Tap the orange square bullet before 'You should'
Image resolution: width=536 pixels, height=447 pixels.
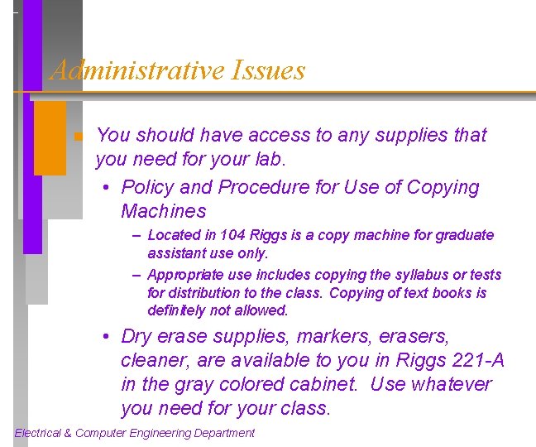[76, 137]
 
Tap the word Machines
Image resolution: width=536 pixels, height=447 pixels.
[163, 211]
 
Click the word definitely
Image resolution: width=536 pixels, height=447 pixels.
[176, 311]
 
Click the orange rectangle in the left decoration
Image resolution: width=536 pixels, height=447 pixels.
[50, 138]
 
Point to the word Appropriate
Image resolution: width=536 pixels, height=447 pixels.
[183, 275]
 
